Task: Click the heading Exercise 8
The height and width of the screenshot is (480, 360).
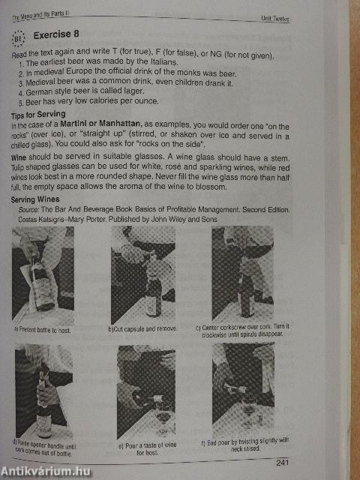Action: click(56, 34)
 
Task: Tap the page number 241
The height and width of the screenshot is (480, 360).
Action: click(282, 462)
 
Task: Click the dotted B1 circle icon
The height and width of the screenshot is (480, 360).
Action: click(18, 38)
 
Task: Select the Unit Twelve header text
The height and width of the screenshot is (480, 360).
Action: click(275, 19)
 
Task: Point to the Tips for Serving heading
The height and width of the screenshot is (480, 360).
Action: click(38, 115)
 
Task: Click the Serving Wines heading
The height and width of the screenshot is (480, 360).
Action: click(35, 199)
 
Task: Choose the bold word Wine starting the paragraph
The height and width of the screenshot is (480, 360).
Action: click(19, 158)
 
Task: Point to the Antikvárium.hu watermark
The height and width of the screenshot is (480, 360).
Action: click(46, 471)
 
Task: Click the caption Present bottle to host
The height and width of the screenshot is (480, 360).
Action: click(42, 330)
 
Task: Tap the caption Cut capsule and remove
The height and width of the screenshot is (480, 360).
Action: click(143, 329)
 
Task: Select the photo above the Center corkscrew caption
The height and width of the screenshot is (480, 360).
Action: click(242, 274)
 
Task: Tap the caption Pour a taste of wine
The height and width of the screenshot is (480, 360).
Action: click(148, 448)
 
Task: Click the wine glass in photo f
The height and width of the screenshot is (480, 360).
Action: click(248, 410)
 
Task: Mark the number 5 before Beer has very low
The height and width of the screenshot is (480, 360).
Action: click(20, 103)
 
